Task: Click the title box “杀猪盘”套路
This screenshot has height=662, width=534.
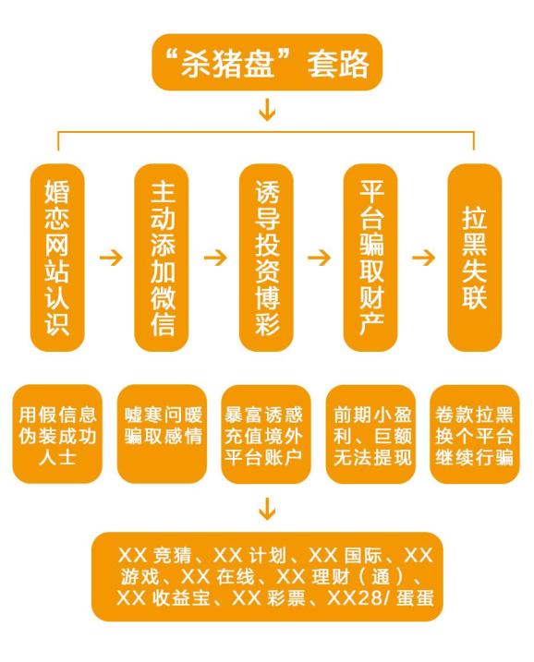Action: [267, 62]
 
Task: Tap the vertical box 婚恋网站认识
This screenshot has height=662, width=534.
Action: [57, 258]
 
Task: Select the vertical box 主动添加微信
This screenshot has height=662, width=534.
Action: [162, 258]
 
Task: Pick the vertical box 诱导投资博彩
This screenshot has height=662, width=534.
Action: [266, 258]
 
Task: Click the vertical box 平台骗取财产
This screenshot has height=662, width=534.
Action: [370, 258]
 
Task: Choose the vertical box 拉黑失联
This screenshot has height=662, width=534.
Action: [475, 258]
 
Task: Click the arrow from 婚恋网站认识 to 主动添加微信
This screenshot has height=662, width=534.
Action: [111, 258]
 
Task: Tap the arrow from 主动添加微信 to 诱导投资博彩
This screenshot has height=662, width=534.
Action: [215, 258]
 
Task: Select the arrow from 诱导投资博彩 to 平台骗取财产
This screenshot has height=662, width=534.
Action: [319, 258]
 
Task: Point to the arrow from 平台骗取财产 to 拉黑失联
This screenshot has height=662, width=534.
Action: [423, 258]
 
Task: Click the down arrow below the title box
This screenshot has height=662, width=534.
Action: [267, 110]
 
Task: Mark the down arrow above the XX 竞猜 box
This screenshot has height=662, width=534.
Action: [267, 509]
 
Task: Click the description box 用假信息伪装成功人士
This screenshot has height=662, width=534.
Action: [57, 434]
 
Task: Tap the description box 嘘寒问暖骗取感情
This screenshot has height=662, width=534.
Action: [162, 434]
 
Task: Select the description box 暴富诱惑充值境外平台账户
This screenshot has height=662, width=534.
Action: [266, 434]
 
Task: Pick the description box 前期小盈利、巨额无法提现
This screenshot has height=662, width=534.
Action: [370, 434]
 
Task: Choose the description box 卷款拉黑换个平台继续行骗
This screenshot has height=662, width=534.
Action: [475, 434]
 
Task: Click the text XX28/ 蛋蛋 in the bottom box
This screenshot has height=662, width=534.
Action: [381, 598]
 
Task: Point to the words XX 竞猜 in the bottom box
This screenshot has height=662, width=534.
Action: [155, 555]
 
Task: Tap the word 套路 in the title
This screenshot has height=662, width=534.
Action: [338, 64]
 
